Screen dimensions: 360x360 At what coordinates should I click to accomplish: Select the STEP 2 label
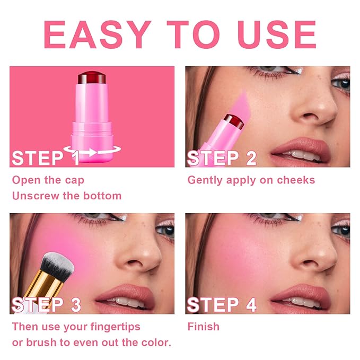(x=222, y=158)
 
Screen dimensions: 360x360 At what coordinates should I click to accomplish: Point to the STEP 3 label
(x=47, y=305)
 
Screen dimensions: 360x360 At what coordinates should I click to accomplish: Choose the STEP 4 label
(x=222, y=305)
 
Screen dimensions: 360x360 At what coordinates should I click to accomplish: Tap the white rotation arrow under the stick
(x=89, y=153)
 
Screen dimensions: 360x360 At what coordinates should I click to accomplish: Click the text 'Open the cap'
(x=48, y=180)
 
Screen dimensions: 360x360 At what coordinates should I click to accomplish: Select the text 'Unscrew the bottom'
(x=67, y=196)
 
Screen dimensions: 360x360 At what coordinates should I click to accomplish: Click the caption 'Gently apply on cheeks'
(x=251, y=180)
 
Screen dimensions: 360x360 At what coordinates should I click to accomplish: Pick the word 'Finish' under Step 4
(x=204, y=326)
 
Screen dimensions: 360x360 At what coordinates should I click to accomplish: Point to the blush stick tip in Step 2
(x=234, y=121)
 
